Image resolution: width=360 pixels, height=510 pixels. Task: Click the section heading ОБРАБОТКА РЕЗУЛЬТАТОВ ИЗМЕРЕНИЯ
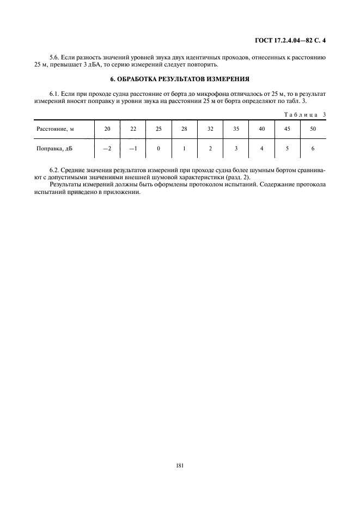tap(180, 78)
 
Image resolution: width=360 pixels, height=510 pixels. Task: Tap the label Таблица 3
tap(305, 114)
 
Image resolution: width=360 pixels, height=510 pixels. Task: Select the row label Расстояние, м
tap(56, 129)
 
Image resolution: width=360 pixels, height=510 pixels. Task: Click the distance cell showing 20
tap(107, 129)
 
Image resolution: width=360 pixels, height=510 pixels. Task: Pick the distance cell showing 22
tap(132, 129)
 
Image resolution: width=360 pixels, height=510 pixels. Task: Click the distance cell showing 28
tap(184, 129)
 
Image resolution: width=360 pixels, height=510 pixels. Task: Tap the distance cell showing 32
tap(210, 129)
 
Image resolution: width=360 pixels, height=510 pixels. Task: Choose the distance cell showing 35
tap(236, 129)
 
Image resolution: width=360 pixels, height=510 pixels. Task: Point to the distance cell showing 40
tap(261, 129)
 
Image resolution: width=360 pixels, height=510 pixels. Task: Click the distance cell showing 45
tap(287, 129)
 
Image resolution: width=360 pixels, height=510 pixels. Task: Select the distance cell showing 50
tap(313, 129)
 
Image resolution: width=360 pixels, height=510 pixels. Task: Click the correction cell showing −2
tap(107, 148)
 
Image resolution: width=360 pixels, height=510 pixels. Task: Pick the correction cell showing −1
tap(132, 148)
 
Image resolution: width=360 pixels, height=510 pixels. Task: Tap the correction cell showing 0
tap(158, 148)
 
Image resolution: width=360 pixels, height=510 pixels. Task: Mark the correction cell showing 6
tap(313, 148)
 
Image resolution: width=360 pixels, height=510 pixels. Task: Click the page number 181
tap(180, 465)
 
